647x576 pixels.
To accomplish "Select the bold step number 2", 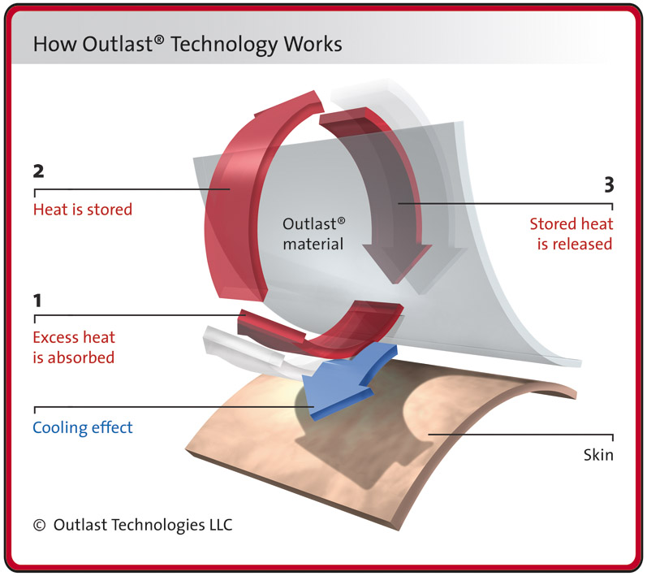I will pos(37,174).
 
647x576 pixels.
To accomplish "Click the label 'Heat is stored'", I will pos(82,210).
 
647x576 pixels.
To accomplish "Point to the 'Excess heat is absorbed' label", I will pos(74,347).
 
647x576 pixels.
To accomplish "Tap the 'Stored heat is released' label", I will pos(571,234).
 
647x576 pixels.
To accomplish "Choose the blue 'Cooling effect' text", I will pos(82,428).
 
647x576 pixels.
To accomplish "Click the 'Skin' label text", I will pos(597,456).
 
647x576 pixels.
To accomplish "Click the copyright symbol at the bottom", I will pos(39,526).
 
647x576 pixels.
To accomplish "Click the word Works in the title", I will pos(312,44).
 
